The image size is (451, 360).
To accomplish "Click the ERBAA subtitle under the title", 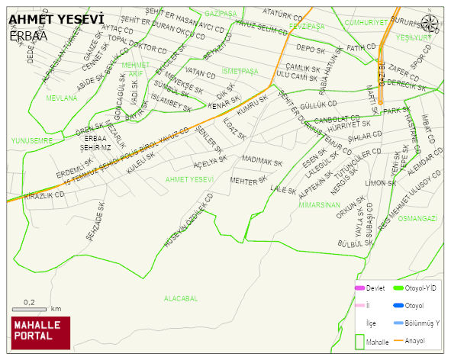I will click(x=28, y=36).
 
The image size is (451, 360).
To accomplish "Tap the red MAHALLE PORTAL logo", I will click(x=40, y=332).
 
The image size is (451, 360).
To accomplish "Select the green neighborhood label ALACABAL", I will click(x=181, y=298).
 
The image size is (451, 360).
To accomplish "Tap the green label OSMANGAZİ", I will click(x=417, y=218).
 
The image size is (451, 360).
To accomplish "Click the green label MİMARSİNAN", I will click(x=319, y=204).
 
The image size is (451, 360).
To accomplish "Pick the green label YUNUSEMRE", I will click(x=32, y=140).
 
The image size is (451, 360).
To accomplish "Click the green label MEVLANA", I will click(x=61, y=98).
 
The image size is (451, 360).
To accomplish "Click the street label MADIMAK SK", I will click(x=262, y=162).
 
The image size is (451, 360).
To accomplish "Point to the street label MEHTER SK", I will click(x=249, y=181).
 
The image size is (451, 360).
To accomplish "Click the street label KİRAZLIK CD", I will click(x=44, y=196).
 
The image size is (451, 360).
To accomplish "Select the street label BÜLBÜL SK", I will click(x=355, y=243).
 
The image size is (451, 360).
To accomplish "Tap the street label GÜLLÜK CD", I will click(x=318, y=104).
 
